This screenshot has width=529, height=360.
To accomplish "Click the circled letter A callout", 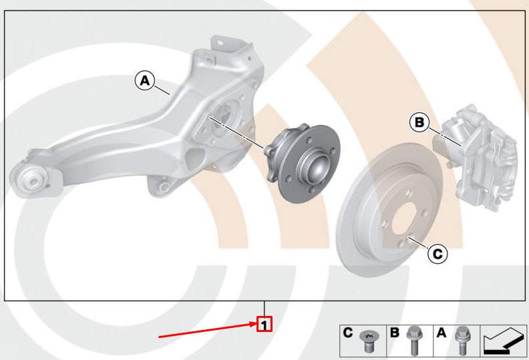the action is [x=145, y=81].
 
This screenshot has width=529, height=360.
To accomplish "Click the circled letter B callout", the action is [x=419, y=122].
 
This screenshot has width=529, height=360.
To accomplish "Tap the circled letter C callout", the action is [x=437, y=253].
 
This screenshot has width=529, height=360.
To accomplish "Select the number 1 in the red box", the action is [x=264, y=324].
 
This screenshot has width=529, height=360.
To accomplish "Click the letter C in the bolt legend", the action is [x=348, y=333].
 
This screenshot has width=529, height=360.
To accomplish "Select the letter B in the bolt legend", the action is [x=394, y=333].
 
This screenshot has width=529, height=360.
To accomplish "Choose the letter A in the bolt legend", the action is [x=442, y=333].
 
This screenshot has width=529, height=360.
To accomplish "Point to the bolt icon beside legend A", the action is [x=462, y=341].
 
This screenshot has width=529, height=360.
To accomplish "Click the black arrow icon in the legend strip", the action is [x=503, y=341].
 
